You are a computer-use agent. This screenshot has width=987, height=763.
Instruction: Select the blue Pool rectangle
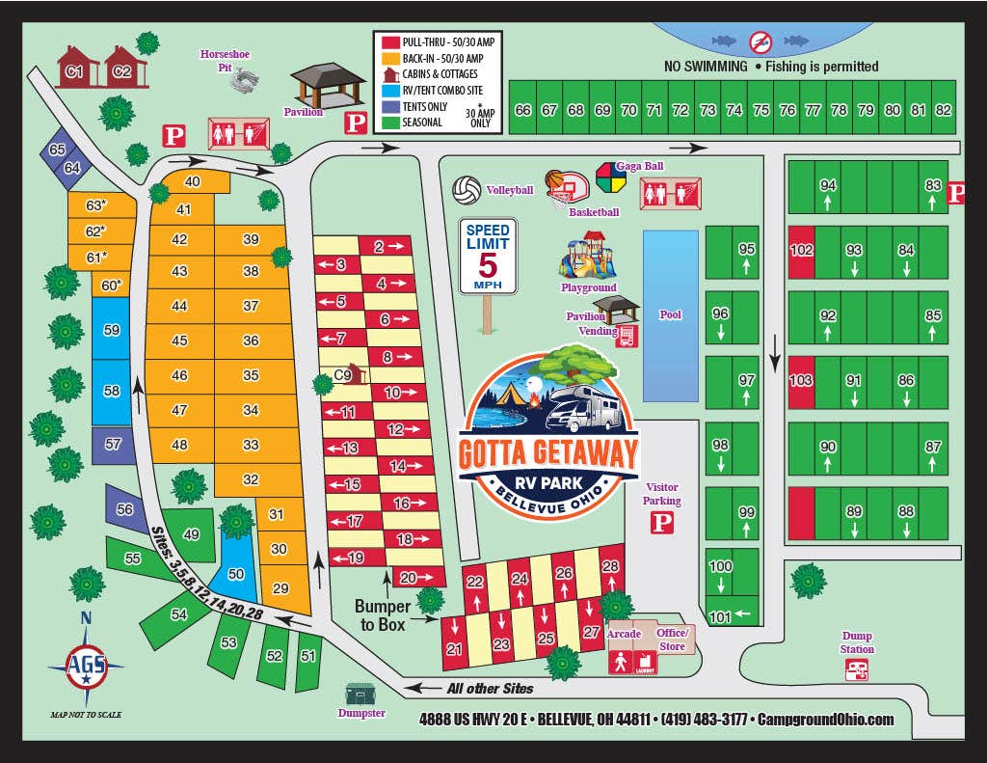(x=670, y=315)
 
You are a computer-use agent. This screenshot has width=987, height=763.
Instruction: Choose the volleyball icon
(x=467, y=190)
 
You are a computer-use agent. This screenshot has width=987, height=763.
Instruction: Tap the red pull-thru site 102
(x=801, y=249)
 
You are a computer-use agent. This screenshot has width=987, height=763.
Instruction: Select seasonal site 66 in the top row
(x=522, y=110)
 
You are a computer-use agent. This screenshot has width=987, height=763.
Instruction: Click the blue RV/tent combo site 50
(x=237, y=573)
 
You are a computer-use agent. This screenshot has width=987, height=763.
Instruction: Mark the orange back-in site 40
(x=193, y=181)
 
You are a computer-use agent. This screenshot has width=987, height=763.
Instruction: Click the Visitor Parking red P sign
(x=662, y=523)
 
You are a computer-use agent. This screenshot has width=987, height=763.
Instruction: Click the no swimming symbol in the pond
(x=761, y=41)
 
